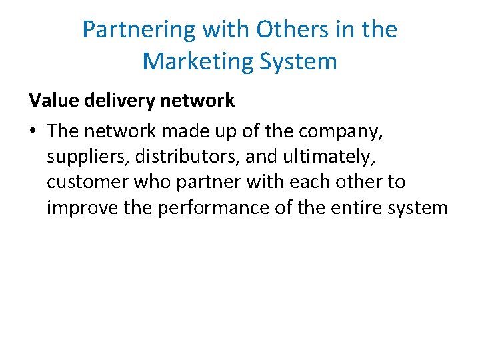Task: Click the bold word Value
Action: pyautogui.click(x=51, y=101)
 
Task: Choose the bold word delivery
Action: pyautogui.click(x=113, y=101)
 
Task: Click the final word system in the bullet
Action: pyautogui.click(x=423, y=208)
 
